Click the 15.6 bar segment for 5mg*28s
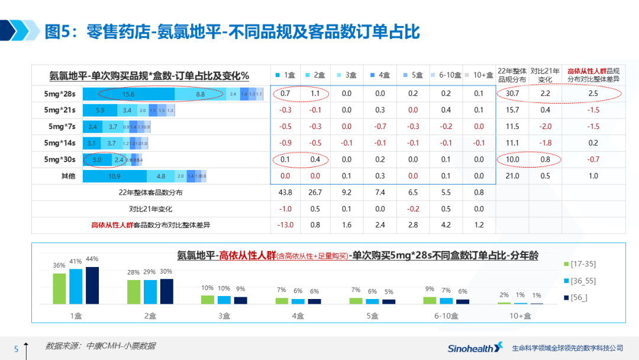pyautogui.click(x=128, y=94)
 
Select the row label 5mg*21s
pyautogui.click(x=59, y=110)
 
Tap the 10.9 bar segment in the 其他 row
pyautogui.click(x=115, y=176)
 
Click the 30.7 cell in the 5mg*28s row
pyautogui.click(x=512, y=94)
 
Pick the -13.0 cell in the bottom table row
pyautogui.click(x=285, y=225)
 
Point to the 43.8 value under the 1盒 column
pyautogui.click(x=285, y=192)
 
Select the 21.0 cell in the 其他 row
pyautogui.click(x=512, y=176)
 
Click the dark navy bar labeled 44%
pyautogui.click(x=92, y=285)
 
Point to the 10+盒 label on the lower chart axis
pyautogui.click(x=519, y=316)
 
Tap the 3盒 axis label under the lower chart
pyautogui.click(x=224, y=316)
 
